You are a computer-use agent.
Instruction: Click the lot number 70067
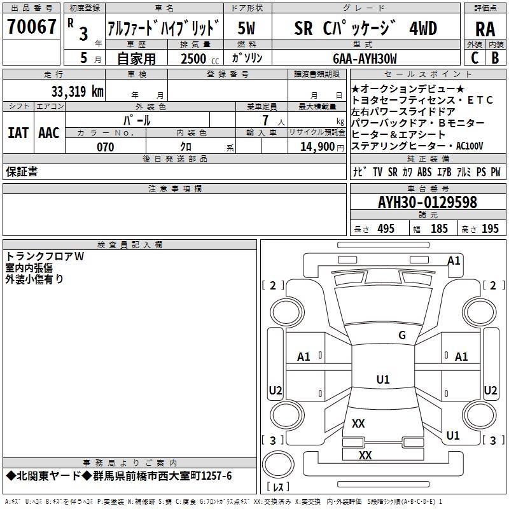(31, 27)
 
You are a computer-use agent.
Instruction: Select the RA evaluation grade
(485, 29)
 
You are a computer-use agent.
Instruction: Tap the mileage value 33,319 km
(77, 91)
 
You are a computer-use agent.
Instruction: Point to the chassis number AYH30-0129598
(428, 202)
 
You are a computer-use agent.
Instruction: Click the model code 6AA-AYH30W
(365, 59)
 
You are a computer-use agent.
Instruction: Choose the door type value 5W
(247, 29)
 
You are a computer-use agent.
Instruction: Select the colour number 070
(106, 147)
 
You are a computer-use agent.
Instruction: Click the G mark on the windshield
(401, 335)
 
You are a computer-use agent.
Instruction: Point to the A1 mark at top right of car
(454, 260)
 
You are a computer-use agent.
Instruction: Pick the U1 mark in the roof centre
(382, 380)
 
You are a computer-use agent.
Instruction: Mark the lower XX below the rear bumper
(365, 456)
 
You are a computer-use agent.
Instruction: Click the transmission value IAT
(18, 133)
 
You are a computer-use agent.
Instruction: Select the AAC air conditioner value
(48, 133)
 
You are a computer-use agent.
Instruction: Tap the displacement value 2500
(193, 59)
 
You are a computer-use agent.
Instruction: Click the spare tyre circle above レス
(278, 466)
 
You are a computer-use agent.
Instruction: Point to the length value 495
(386, 228)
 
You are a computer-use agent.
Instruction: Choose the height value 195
(490, 228)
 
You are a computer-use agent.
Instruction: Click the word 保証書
(22, 171)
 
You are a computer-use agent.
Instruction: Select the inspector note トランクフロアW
(45, 256)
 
